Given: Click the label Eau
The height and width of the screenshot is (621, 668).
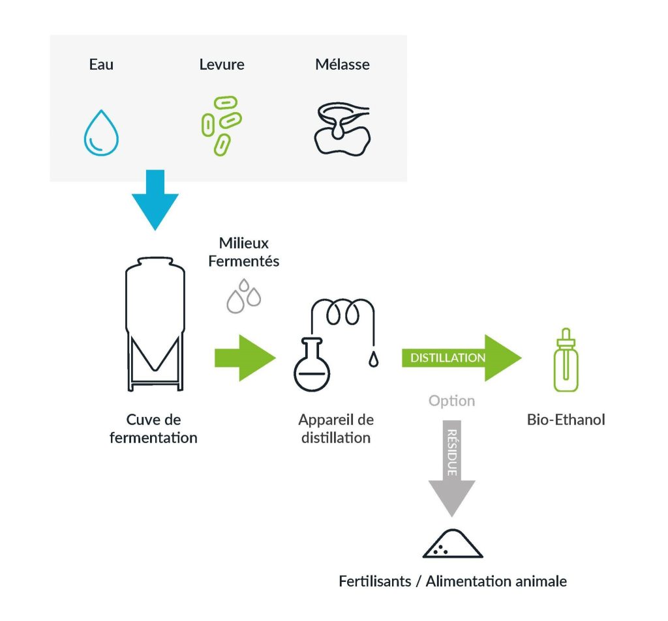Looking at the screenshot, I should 101,65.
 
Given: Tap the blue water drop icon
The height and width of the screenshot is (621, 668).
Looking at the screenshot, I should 101,134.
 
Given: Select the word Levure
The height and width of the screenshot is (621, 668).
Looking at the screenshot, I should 222,65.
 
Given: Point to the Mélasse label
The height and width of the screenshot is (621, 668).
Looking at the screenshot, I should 342,65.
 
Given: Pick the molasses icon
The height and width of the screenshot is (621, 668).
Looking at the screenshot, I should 342,129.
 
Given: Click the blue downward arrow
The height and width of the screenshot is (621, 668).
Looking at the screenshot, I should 155,199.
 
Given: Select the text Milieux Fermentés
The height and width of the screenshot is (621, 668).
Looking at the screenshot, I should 244,252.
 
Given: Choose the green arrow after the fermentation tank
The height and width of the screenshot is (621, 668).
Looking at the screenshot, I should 245,357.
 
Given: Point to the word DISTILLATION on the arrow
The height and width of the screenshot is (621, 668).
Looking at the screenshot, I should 448,358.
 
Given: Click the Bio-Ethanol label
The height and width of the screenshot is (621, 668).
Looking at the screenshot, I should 566,420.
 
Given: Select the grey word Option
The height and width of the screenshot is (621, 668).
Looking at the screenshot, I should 451,401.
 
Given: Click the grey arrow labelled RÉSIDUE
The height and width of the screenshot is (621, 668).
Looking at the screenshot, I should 451,466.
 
